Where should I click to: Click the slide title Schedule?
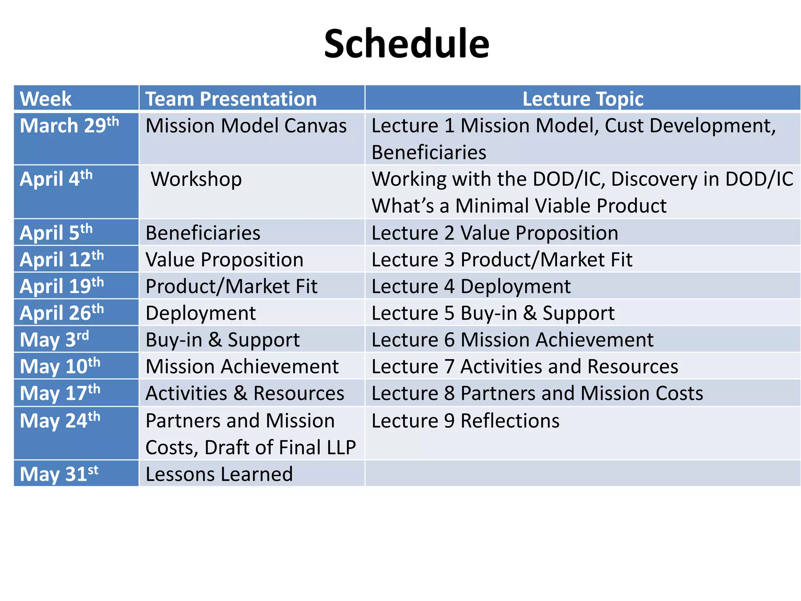coord(406,44)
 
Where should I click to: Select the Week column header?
coord(46,99)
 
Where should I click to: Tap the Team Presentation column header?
coord(231,99)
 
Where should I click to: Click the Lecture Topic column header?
coord(582,99)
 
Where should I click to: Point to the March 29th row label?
coord(69,126)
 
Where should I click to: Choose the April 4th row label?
coord(56,179)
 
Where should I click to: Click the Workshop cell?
coord(196,179)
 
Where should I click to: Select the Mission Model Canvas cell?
coord(246,126)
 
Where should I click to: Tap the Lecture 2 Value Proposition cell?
coord(494,233)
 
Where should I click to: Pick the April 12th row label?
coord(62,259)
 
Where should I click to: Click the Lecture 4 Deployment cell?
coord(471,286)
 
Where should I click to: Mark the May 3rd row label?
coord(54,340)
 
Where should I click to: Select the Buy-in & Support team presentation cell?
coord(222,340)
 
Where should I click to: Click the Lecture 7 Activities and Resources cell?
coord(524,367)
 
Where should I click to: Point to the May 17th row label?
coord(60,393)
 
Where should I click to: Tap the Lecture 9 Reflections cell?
coord(465,421)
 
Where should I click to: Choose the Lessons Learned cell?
coord(219,474)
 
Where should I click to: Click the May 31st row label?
coord(59,474)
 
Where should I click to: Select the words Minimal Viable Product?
coord(560,206)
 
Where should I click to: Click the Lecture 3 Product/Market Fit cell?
coord(501,260)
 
